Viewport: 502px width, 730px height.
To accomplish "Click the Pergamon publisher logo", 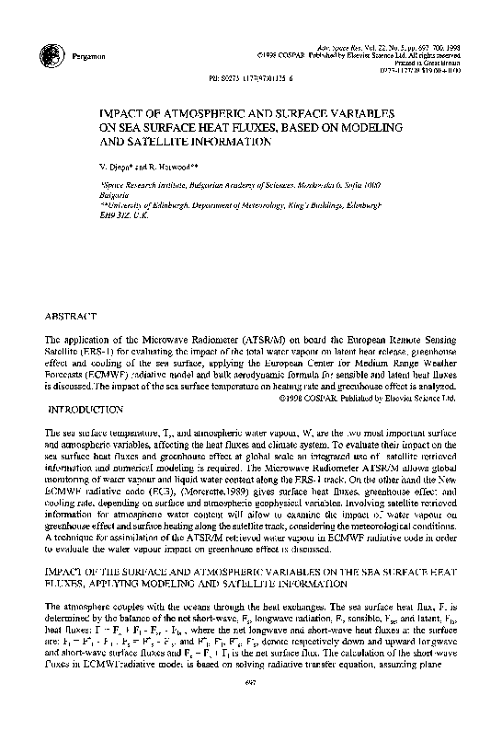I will tap(53, 54).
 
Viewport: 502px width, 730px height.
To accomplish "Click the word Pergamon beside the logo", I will tap(86, 57).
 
